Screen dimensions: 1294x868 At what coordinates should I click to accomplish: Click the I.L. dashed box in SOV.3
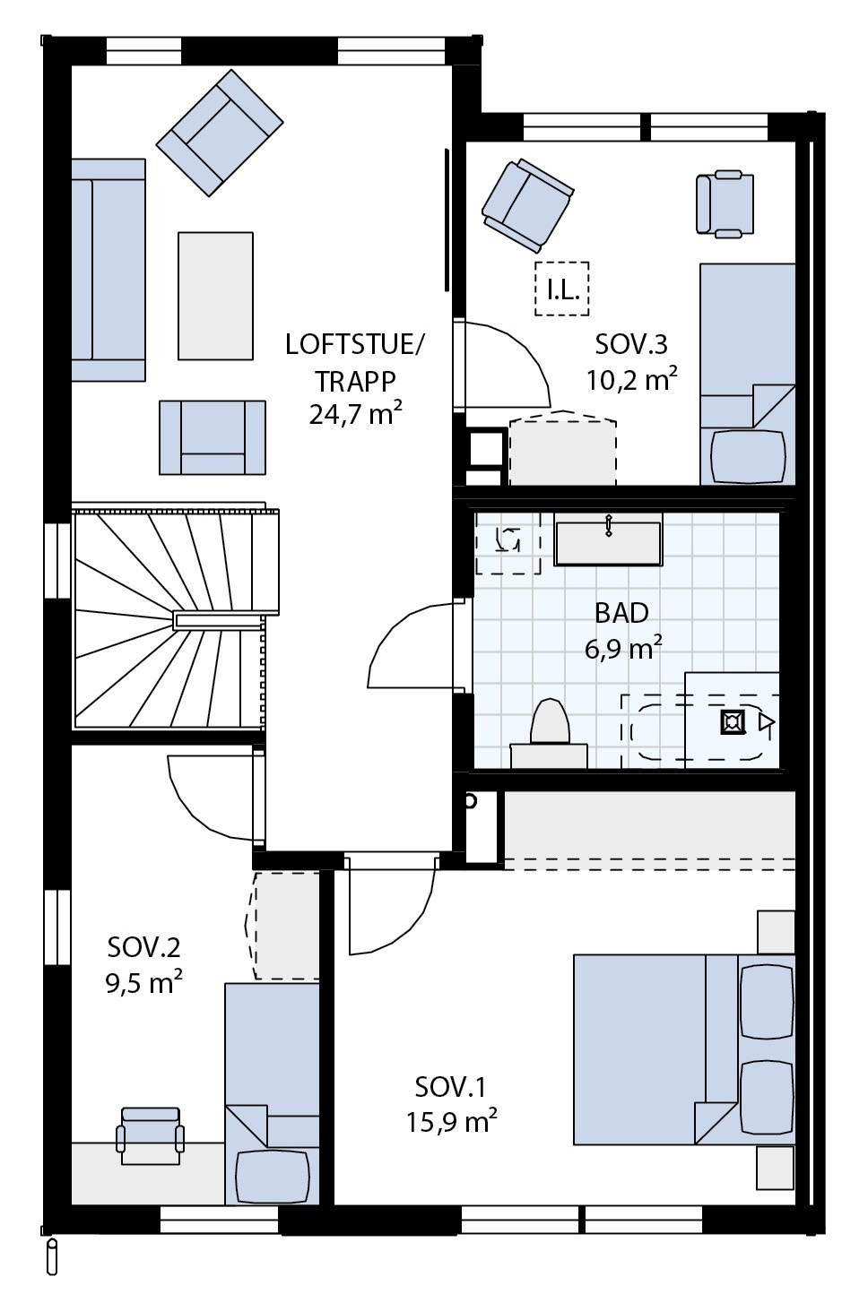[x=562, y=289]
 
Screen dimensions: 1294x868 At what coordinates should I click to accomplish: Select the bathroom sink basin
[x=608, y=543]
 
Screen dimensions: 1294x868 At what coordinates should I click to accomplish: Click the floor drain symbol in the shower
[x=733, y=722]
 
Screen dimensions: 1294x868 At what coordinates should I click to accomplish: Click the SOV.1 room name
[x=450, y=1088]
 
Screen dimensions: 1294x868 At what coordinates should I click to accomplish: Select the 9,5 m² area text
[x=143, y=984]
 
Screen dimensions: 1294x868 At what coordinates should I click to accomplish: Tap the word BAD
[x=621, y=614]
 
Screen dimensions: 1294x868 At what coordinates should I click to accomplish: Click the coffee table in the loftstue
[x=215, y=295]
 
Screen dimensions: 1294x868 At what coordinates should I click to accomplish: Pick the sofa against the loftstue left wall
[x=108, y=270]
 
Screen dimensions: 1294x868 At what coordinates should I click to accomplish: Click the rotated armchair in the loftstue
[x=220, y=134]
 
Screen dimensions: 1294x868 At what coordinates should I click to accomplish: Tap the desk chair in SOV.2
[x=150, y=1135]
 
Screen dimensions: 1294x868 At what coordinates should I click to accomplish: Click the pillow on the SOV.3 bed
[x=748, y=457]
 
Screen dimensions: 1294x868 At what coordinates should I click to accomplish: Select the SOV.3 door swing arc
[x=520, y=358]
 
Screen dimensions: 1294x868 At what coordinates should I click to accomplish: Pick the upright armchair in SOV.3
[x=725, y=203]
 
